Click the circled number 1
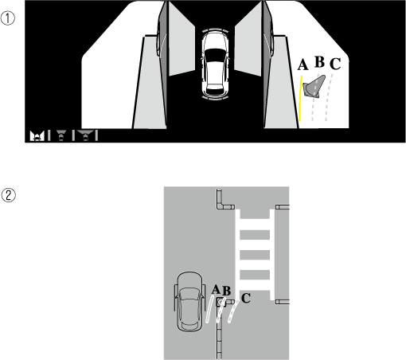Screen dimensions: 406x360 coord(8,18)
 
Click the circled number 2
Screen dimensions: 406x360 coord(9,195)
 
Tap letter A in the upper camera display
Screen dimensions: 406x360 coord(303,65)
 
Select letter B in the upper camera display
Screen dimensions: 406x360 coord(320,62)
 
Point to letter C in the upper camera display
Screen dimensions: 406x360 coord(335,64)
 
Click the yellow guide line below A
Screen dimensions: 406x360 coord(301,99)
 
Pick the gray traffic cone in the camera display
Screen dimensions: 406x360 coord(315,87)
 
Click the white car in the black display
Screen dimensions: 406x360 coord(215,65)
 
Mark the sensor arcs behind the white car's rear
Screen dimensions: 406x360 coord(215,99)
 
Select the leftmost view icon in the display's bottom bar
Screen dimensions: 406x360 coord(37,136)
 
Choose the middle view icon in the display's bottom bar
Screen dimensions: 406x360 coord(61,135)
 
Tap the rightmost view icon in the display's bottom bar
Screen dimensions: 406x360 coord(85,135)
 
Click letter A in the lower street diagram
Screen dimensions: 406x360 coord(216,289)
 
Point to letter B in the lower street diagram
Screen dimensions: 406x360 coord(226,291)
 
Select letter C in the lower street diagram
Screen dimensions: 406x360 coord(246,298)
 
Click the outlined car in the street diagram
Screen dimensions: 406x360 coord(189,302)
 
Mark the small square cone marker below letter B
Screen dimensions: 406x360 coord(221,302)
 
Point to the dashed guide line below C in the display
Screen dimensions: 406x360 coord(329,98)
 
